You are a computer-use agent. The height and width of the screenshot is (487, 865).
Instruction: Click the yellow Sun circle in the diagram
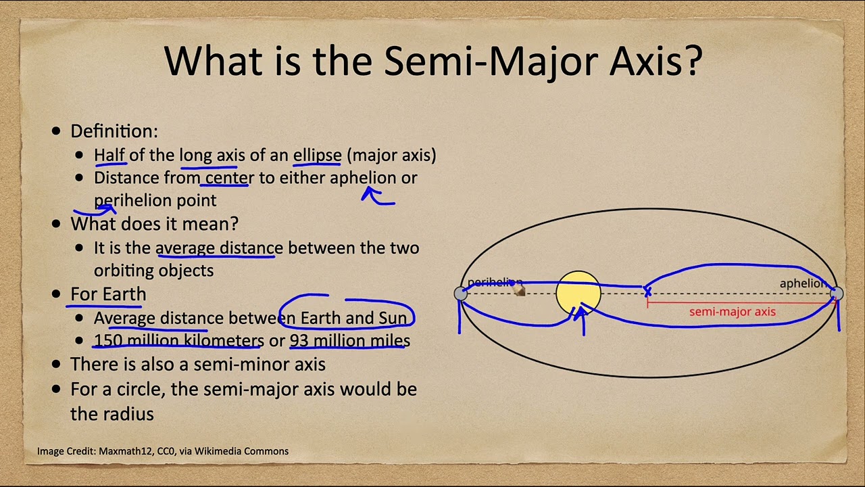[578, 293]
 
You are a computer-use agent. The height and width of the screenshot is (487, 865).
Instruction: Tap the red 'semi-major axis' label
[732, 312]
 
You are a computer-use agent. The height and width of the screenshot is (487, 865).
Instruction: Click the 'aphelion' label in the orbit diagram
[802, 283]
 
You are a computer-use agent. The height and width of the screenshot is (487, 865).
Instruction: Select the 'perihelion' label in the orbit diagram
[494, 282]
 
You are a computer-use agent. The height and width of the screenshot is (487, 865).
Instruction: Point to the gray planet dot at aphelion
[836, 294]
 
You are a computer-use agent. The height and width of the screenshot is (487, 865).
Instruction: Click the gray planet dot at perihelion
[461, 294]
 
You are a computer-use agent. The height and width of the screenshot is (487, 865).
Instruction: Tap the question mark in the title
[692, 61]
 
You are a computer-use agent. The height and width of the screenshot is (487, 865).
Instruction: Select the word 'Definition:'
[114, 131]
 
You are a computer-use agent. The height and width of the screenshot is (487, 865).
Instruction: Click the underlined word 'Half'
[109, 155]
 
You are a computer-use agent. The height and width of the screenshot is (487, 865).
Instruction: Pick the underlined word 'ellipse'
[317, 155]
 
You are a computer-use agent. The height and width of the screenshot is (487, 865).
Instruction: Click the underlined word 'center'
[230, 178]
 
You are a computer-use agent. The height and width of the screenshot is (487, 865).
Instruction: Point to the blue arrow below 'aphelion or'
[377, 197]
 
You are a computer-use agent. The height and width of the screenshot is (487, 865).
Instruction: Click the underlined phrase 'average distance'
[219, 248]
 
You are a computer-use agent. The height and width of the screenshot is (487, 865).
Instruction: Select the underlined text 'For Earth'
[108, 294]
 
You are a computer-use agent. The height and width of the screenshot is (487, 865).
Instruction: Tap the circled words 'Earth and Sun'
[353, 318]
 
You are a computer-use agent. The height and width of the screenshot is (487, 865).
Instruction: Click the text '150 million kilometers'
[178, 340]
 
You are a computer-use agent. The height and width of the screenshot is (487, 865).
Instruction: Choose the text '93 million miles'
[349, 340]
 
